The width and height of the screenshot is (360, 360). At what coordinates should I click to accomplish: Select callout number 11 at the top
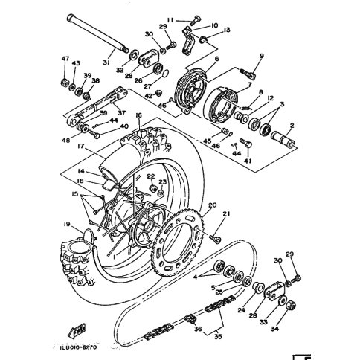tap(170, 20)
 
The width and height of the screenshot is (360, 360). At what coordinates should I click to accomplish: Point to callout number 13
tap(227, 30)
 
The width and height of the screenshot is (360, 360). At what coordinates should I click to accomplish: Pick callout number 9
tap(262, 57)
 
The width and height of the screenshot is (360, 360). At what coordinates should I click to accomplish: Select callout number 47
tap(65, 59)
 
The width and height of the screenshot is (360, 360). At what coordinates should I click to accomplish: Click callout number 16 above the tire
tap(138, 116)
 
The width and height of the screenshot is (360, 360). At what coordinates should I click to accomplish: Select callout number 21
tap(227, 215)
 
